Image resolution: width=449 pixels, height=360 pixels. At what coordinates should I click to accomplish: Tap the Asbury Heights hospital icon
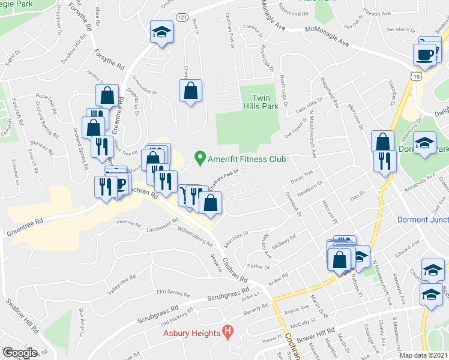[x=228, y=331]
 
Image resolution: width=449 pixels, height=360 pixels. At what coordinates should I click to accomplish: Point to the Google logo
[x=19, y=353]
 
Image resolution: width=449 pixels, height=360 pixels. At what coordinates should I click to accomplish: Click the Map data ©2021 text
[x=424, y=355]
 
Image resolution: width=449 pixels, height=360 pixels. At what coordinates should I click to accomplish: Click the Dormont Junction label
[x=423, y=220]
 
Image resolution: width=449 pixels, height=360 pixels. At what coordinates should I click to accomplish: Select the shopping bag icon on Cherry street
[x=190, y=91]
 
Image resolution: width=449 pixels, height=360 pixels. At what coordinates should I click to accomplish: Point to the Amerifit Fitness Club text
[x=247, y=159]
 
